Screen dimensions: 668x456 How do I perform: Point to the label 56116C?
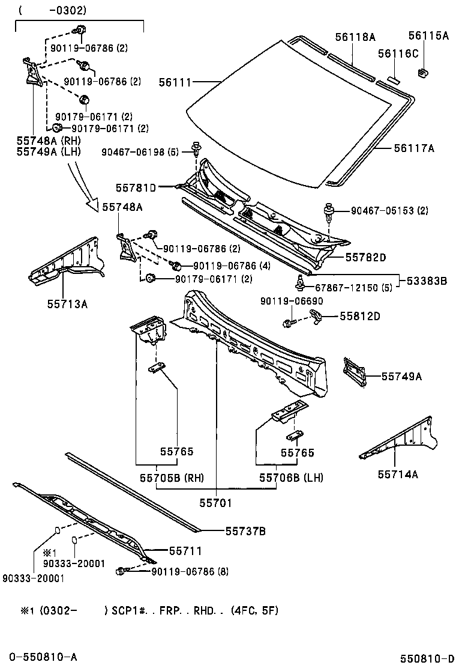pos(398,54)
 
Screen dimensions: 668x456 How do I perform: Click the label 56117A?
pos(414,147)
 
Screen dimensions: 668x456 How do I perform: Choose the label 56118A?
pos(355,37)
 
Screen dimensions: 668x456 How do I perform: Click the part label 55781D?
pos(136,188)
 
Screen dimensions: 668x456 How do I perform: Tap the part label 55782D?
pos(365,257)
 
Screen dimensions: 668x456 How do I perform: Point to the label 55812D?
pos(361,315)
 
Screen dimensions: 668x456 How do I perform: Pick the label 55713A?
pos(68,304)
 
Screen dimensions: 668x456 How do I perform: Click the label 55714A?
pos(398,474)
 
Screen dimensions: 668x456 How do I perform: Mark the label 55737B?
pos(245,530)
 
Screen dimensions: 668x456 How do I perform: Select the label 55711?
pos(185,550)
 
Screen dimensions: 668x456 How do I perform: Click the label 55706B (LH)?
pos(291,478)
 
